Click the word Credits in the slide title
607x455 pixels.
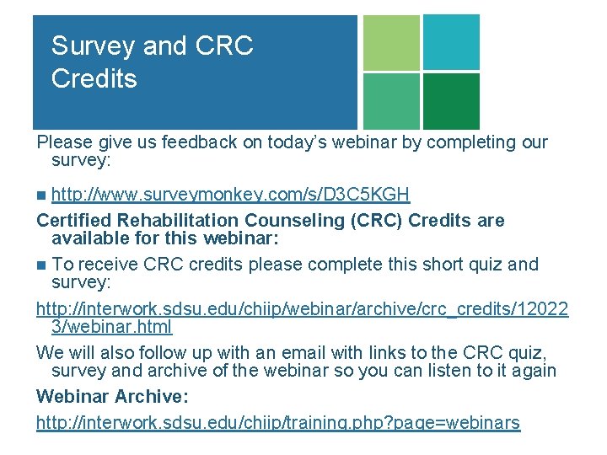click(94, 79)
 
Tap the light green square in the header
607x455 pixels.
click(390, 42)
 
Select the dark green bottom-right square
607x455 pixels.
click(451, 101)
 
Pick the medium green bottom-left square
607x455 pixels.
click(390, 101)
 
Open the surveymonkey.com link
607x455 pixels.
click(230, 195)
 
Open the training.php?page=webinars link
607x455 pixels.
click(277, 422)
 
